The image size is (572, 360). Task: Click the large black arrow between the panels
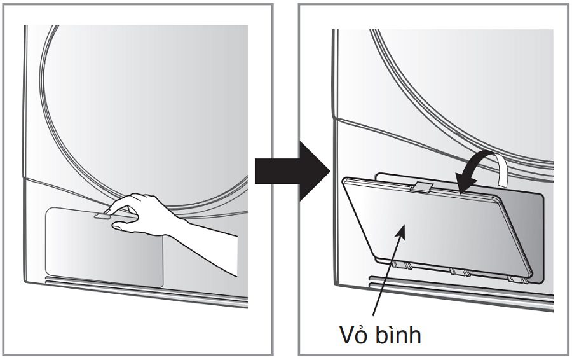pos(289,170)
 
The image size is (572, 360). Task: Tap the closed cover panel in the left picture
pos(102,248)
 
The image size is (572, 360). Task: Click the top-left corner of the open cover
pos(345,181)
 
